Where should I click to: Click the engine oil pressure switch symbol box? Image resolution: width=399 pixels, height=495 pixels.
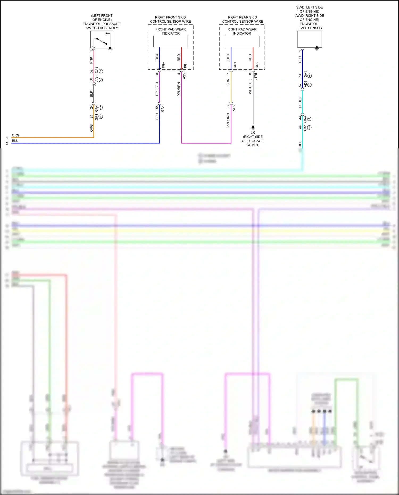tap(102, 40)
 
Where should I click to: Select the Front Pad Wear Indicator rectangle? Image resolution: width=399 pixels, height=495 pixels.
tap(171, 41)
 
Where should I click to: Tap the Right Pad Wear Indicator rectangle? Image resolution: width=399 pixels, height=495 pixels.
tap(242, 41)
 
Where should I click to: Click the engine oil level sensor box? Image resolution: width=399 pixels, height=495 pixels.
tap(309, 39)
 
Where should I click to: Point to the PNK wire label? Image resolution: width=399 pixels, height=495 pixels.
tap(91, 60)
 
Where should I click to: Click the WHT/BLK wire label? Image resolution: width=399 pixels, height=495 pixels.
tap(250, 86)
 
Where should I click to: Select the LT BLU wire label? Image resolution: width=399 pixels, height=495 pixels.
tap(300, 102)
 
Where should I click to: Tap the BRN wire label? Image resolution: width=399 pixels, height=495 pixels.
tap(228, 82)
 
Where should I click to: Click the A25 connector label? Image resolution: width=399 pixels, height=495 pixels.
tap(184, 76)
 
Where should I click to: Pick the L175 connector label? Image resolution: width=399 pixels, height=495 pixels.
tap(256, 77)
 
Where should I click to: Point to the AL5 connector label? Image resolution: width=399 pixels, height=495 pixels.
tap(234, 108)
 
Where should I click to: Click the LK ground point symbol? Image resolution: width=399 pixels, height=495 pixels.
tap(253, 127)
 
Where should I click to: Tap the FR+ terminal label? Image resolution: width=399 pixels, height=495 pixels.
tap(164, 65)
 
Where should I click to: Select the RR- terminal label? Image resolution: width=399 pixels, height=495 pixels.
tap(257, 65)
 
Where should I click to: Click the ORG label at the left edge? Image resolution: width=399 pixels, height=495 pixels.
tap(16, 135)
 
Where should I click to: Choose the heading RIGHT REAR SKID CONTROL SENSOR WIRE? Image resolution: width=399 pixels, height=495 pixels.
tap(243, 19)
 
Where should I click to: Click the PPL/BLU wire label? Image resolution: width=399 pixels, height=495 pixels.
tap(157, 89)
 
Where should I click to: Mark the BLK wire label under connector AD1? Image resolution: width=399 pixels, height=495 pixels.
tap(91, 94)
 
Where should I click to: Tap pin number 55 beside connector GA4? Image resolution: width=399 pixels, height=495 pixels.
tap(157, 107)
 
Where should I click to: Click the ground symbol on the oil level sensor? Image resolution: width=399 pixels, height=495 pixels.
tap(317, 48)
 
